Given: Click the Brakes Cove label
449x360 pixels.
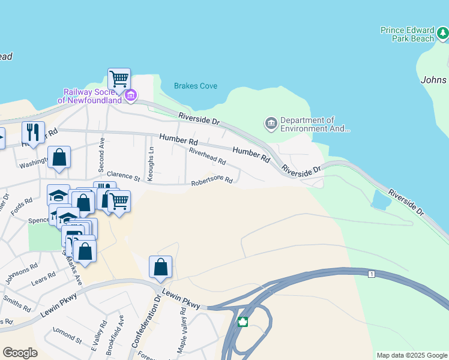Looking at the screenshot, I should point(196,86).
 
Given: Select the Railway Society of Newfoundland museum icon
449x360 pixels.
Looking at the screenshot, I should point(131,95).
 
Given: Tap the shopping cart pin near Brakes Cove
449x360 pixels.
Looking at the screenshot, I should point(119,78).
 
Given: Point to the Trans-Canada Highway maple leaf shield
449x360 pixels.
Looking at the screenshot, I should point(243,322).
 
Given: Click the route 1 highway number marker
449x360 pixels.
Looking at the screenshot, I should point(372,274).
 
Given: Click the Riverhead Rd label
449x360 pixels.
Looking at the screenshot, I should point(207,157).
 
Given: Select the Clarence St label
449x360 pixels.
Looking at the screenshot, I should point(123,178).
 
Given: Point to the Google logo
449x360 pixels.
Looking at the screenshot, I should point(20,353).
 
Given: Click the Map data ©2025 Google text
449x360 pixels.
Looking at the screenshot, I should point(411,355).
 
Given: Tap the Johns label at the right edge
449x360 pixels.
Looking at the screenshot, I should point(433,80).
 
